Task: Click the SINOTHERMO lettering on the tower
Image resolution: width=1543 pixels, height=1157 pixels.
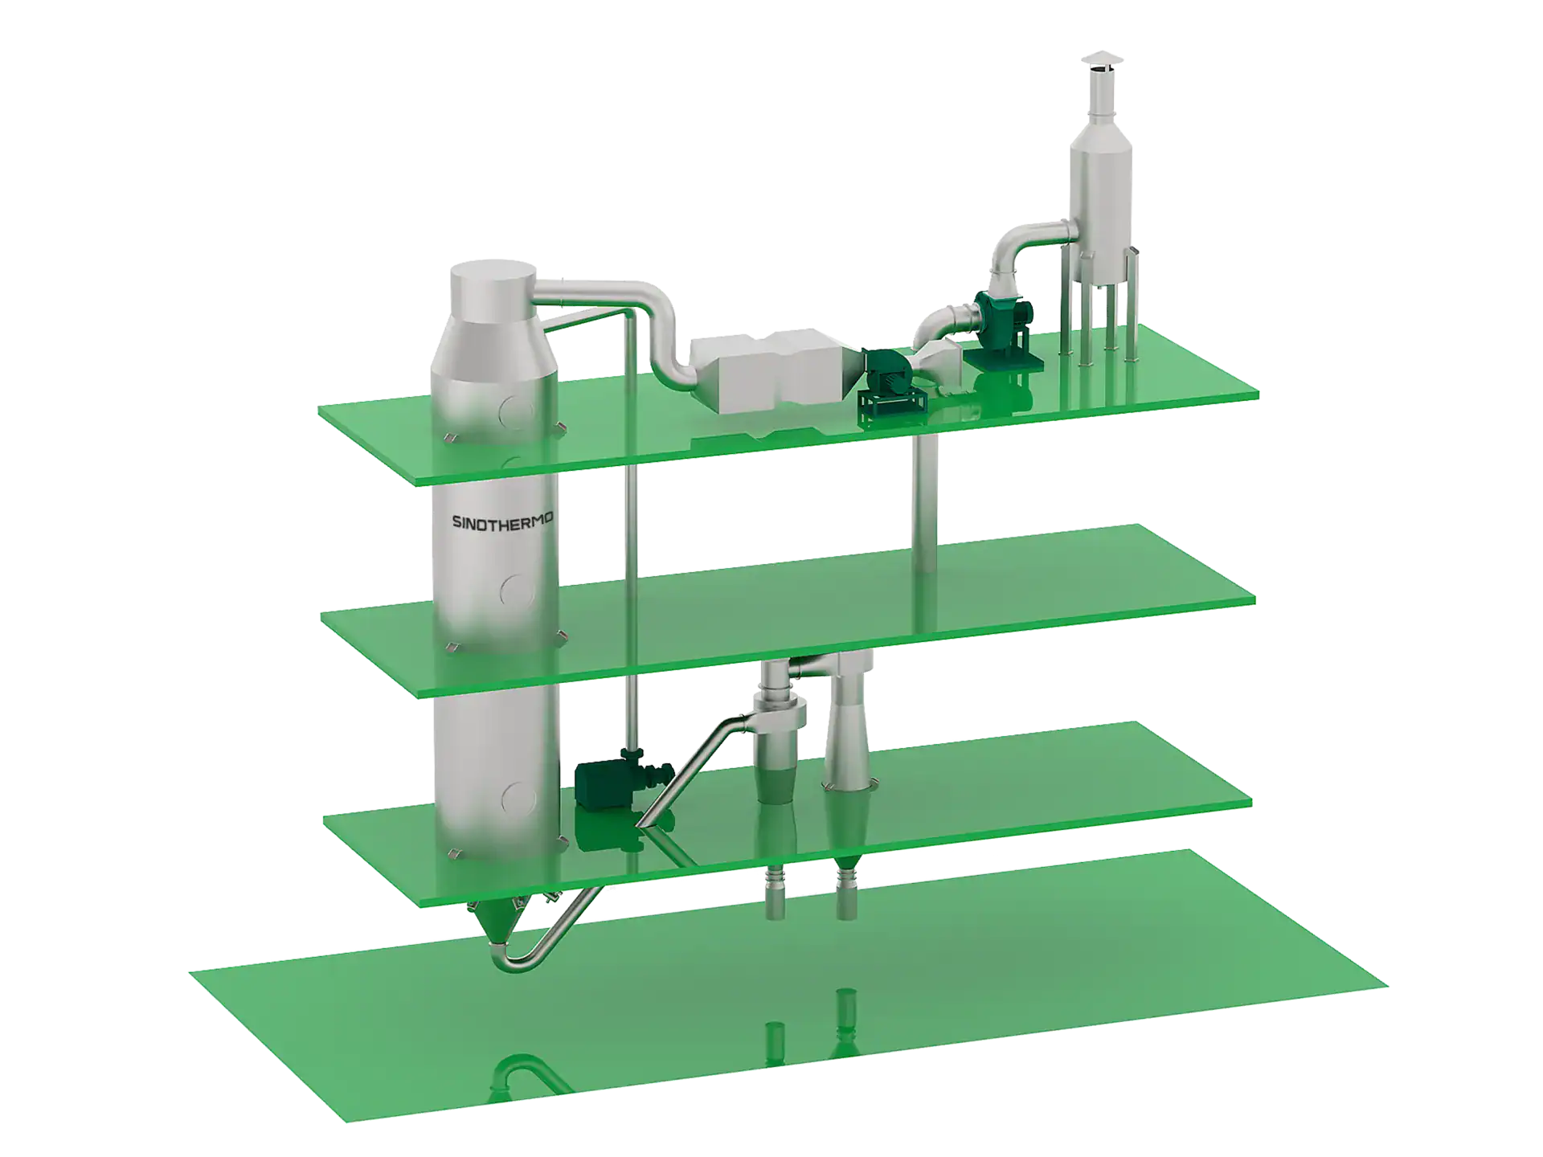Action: point(502,521)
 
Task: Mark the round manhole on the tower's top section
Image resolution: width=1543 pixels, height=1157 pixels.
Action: point(514,412)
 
